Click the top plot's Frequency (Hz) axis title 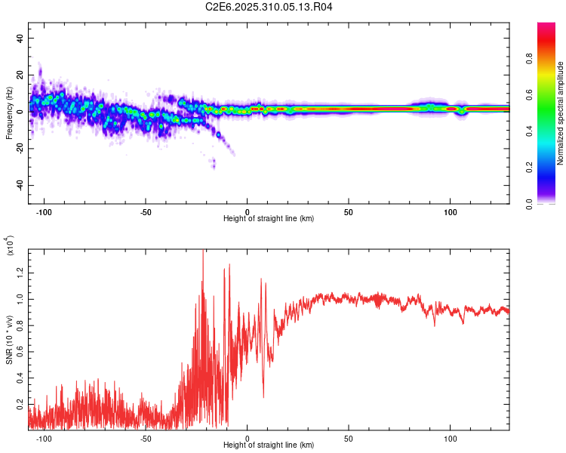[9, 113]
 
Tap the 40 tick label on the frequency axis [20, 39]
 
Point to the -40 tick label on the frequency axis [19, 186]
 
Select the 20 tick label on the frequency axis [20, 75]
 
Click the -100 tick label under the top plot [44, 211]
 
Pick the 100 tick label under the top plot [451, 211]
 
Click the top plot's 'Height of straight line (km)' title [269, 218]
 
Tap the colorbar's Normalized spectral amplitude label [561, 113]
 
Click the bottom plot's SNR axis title [9, 337]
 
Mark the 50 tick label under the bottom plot [349, 438]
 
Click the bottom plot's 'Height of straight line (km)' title [269, 445]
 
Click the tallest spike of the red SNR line [202, 251]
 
